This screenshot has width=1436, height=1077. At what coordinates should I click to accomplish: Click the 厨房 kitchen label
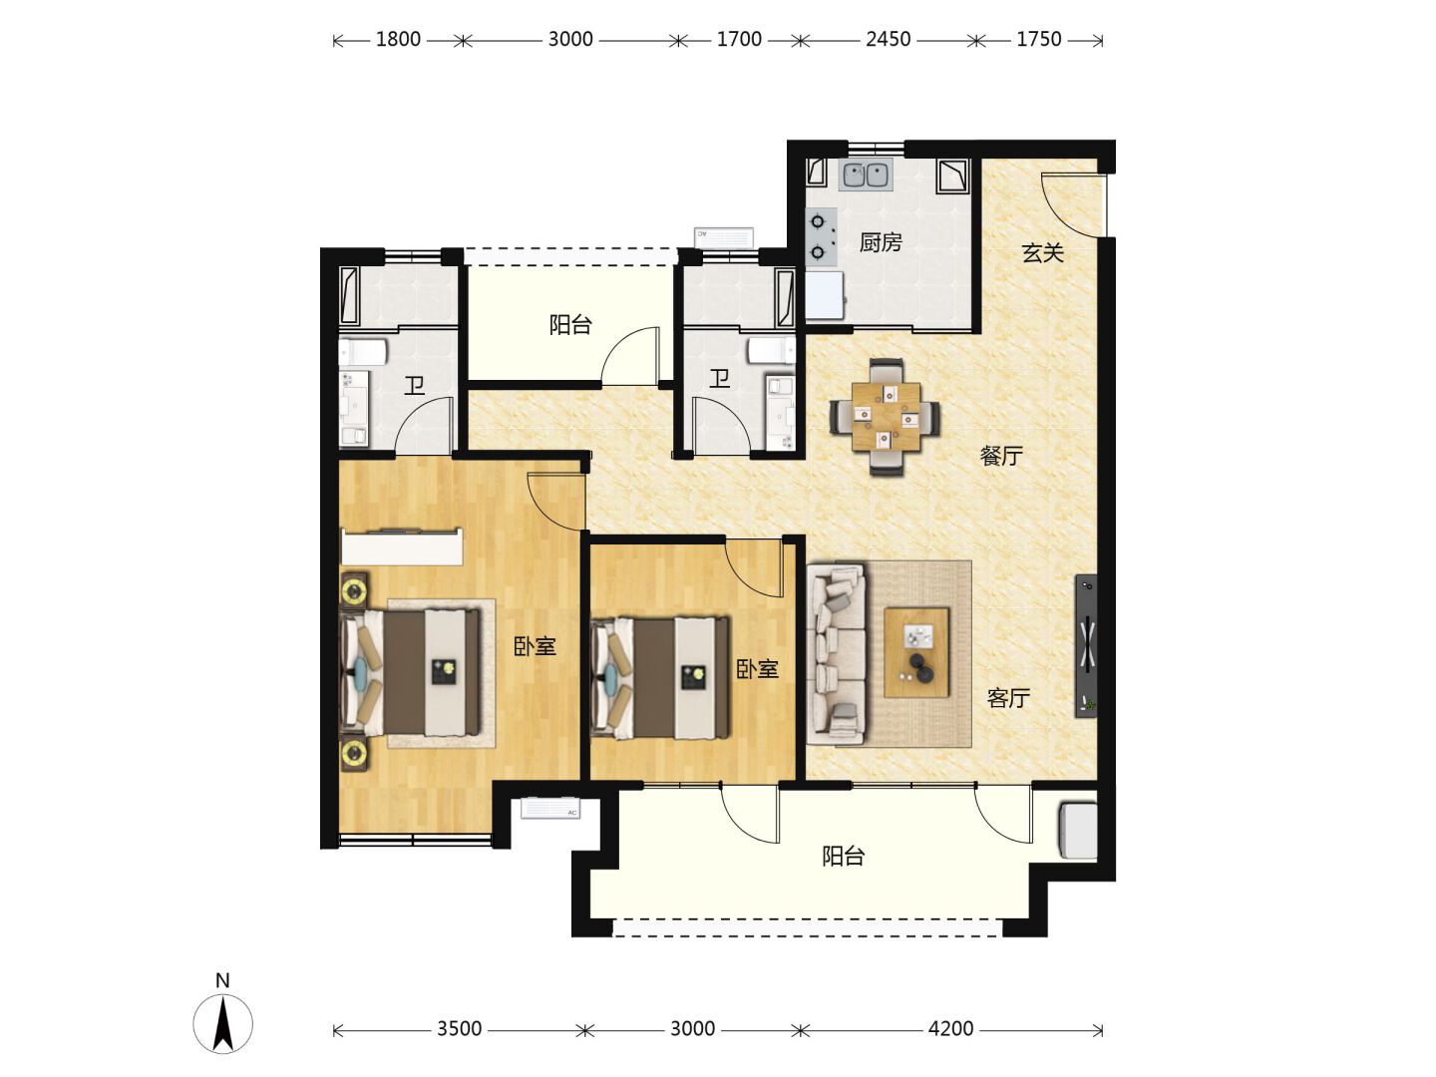[x=881, y=242]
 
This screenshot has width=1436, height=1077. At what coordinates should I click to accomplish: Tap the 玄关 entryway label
[x=1043, y=252]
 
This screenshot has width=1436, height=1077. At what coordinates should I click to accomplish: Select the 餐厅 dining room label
[x=1001, y=455]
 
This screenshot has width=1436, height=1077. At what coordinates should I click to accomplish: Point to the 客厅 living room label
[x=1008, y=698]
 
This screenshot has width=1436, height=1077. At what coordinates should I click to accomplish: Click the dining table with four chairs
[x=886, y=417]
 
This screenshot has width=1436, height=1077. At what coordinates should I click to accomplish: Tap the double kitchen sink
[x=866, y=175]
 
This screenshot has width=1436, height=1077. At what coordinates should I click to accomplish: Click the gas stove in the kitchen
[x=821, y=236]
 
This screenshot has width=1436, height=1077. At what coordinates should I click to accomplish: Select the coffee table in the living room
[x=915, y=652]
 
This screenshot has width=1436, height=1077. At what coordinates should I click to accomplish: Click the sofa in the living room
[x=836, y=654]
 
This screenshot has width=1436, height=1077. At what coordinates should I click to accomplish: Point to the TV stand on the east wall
[x=1087, y=645]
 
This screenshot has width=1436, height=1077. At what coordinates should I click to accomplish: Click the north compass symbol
[x=223, y=1022]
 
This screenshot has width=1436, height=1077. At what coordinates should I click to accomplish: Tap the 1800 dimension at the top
[x=398, y=39]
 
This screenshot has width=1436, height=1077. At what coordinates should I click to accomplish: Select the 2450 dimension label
[x=888, y=39]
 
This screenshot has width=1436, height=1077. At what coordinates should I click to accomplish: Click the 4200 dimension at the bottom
[x=950, y=1029]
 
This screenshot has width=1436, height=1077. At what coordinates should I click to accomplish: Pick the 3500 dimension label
[x=459, y=1029]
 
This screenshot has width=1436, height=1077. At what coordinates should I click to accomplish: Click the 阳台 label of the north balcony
[x=570, y=325]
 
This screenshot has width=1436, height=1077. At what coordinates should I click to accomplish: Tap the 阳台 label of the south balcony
[x=844, y=856]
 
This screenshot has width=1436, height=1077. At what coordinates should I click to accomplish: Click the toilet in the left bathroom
[x=363, y=352]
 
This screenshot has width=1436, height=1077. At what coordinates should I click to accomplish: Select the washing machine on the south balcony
[x=1078, y=831]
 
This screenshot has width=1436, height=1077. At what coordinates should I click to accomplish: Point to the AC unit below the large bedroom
[x=550, y=808]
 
